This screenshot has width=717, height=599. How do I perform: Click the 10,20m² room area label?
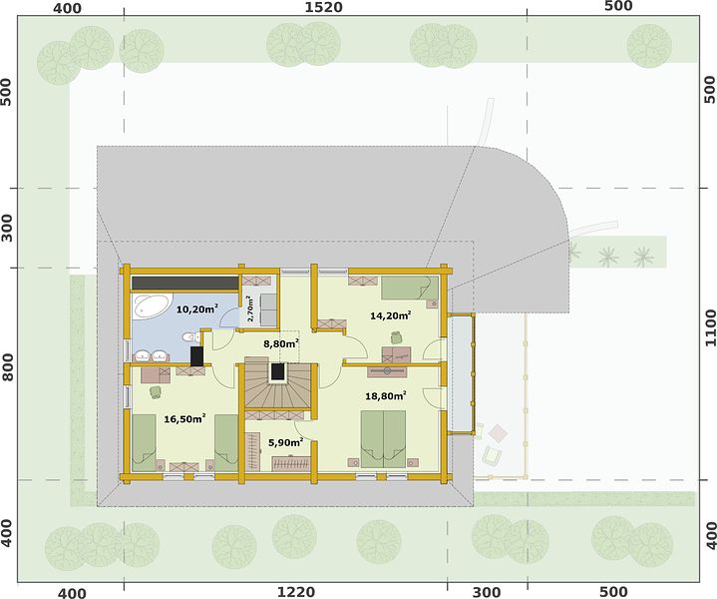click(x=197, y=309)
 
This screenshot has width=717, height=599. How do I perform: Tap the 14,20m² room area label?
click(x=391, y=315)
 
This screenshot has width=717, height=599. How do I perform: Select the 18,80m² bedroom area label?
click(x=386, y=395)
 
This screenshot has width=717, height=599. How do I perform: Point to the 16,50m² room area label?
click(x=184, y=418)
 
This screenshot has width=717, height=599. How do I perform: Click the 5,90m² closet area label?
click(x=286, y=442)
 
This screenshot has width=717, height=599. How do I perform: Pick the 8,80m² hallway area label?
click(x=281, y=343)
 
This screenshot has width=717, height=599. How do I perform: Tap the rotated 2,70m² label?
click(x=249, y=309)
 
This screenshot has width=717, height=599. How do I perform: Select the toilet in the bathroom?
click(x=191, y=337)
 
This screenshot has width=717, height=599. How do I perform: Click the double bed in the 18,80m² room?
click(x=383, y=438)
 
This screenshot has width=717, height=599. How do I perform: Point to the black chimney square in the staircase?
click(x=277, y=371)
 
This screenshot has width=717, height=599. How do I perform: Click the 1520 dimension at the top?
click(x=323, y=7)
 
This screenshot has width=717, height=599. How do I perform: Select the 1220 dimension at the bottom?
click(x=296, y=592)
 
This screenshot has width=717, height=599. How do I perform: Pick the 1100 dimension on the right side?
click(x=710, y=327)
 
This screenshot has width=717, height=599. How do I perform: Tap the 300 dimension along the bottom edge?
click(x=486, y=592)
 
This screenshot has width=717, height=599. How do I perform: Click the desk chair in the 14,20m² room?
click(x=396, y=337)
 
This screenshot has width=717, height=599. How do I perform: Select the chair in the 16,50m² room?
click(x=156, y=391)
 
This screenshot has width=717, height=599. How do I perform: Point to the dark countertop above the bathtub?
click(x=184, y=283)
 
